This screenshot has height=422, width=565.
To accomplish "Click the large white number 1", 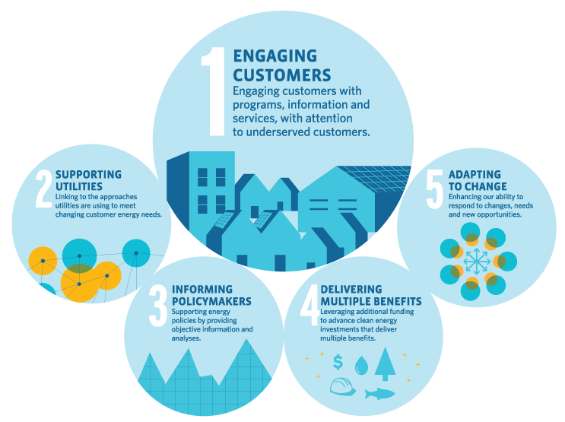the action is click(x=214, y=92).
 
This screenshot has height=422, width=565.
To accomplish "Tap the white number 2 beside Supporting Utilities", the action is click(x=44, y=189).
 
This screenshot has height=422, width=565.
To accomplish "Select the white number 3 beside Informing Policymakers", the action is click(x=158, y=306).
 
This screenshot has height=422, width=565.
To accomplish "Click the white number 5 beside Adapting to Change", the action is click(x=434, y=189).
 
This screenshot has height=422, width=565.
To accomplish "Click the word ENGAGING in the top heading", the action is click(x=275, y=56).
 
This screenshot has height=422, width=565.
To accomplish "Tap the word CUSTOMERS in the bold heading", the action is click(x=282, y=75).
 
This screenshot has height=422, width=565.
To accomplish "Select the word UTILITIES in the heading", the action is click(x=79, y=186).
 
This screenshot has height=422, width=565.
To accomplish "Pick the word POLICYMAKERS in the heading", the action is click(x=211, y=301).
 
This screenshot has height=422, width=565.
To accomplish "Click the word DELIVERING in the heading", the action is click(x=351, y=290).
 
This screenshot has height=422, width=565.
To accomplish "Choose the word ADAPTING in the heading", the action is click(x=475, y=174).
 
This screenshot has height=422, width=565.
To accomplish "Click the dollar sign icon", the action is click(x=338, y=362).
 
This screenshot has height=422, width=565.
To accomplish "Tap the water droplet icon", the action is click(x=361, y=366).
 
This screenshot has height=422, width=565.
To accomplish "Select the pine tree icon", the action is click(x=386, y=363).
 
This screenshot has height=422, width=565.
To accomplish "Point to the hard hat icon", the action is click(x=343, y=387).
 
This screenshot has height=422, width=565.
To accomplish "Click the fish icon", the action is click(x=379, y=394).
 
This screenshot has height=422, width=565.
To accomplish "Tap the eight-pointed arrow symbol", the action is click(x=477, y=262).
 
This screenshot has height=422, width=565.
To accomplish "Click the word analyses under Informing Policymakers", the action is click(x=186, y=338).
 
